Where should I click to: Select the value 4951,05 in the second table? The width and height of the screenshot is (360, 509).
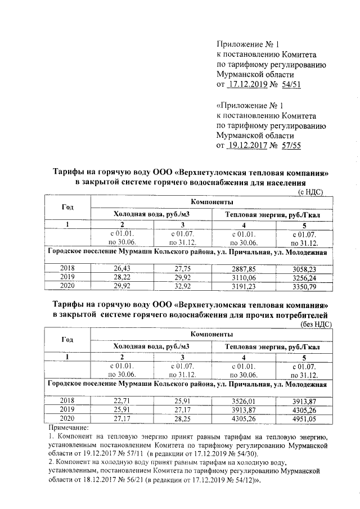304,417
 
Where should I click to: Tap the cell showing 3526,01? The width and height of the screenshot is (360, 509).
244,400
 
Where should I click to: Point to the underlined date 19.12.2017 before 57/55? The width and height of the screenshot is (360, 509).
249,145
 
